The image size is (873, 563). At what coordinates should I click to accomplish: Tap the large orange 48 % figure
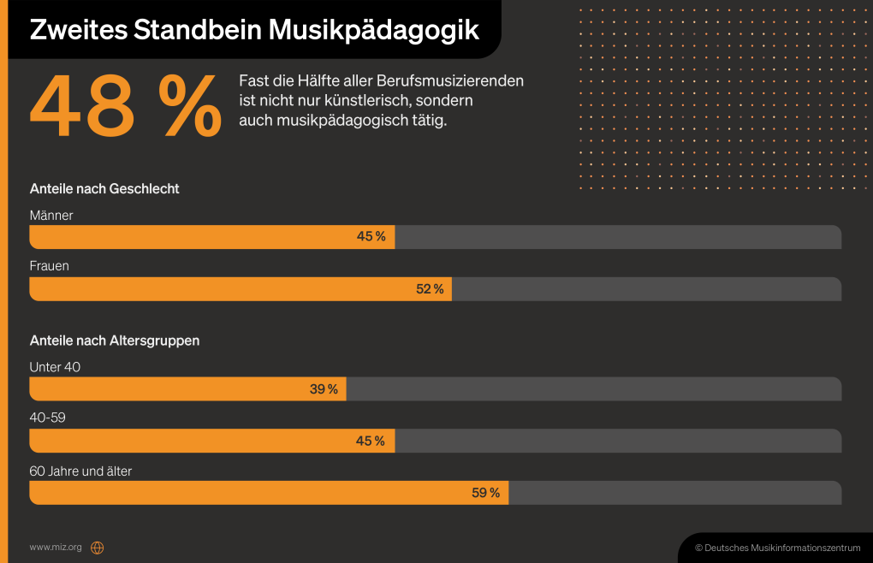(x=126, y=108)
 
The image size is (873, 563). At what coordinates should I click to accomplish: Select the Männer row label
(x=51, y=216)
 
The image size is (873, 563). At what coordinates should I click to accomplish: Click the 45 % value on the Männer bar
(x=371, y=237)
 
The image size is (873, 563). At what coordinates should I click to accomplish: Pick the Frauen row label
(x=50, y=266)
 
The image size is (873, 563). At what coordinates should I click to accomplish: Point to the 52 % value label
(x=430, y=289)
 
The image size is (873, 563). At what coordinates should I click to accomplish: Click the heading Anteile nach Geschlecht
(x=104, y=188)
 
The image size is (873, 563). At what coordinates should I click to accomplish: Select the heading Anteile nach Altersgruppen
(x=115, y=341)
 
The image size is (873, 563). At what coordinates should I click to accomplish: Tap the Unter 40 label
(x=55, y=367)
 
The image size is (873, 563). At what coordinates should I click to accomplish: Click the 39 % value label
(x=324, y=389)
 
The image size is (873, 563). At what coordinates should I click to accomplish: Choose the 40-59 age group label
(x=48, y=418)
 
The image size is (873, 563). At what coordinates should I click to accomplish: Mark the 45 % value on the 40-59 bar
(x=371, y=442)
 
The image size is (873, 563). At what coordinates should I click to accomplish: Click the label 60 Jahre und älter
(x=80, y=471)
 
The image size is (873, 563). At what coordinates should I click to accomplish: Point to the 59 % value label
(x=485, y=493)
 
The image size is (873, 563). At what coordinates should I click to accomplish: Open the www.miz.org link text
(x=56, y=547)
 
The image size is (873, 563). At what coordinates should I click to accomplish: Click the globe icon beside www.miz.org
(x=97, y=548)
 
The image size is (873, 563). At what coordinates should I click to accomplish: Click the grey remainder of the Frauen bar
(x=646, y=289)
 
